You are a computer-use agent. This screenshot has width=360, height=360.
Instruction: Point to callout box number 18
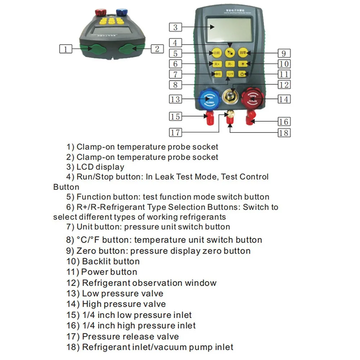(x=284, y=133)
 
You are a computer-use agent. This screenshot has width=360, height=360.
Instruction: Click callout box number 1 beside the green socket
(x=66, y=49)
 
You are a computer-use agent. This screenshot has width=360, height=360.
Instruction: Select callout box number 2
(x=157, y=49)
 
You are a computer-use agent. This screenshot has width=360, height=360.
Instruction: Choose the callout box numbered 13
(x=175, y=99)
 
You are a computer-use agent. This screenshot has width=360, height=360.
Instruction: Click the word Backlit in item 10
(x=96, y=261)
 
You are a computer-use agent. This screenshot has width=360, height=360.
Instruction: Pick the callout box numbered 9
(x=284, y=53)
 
